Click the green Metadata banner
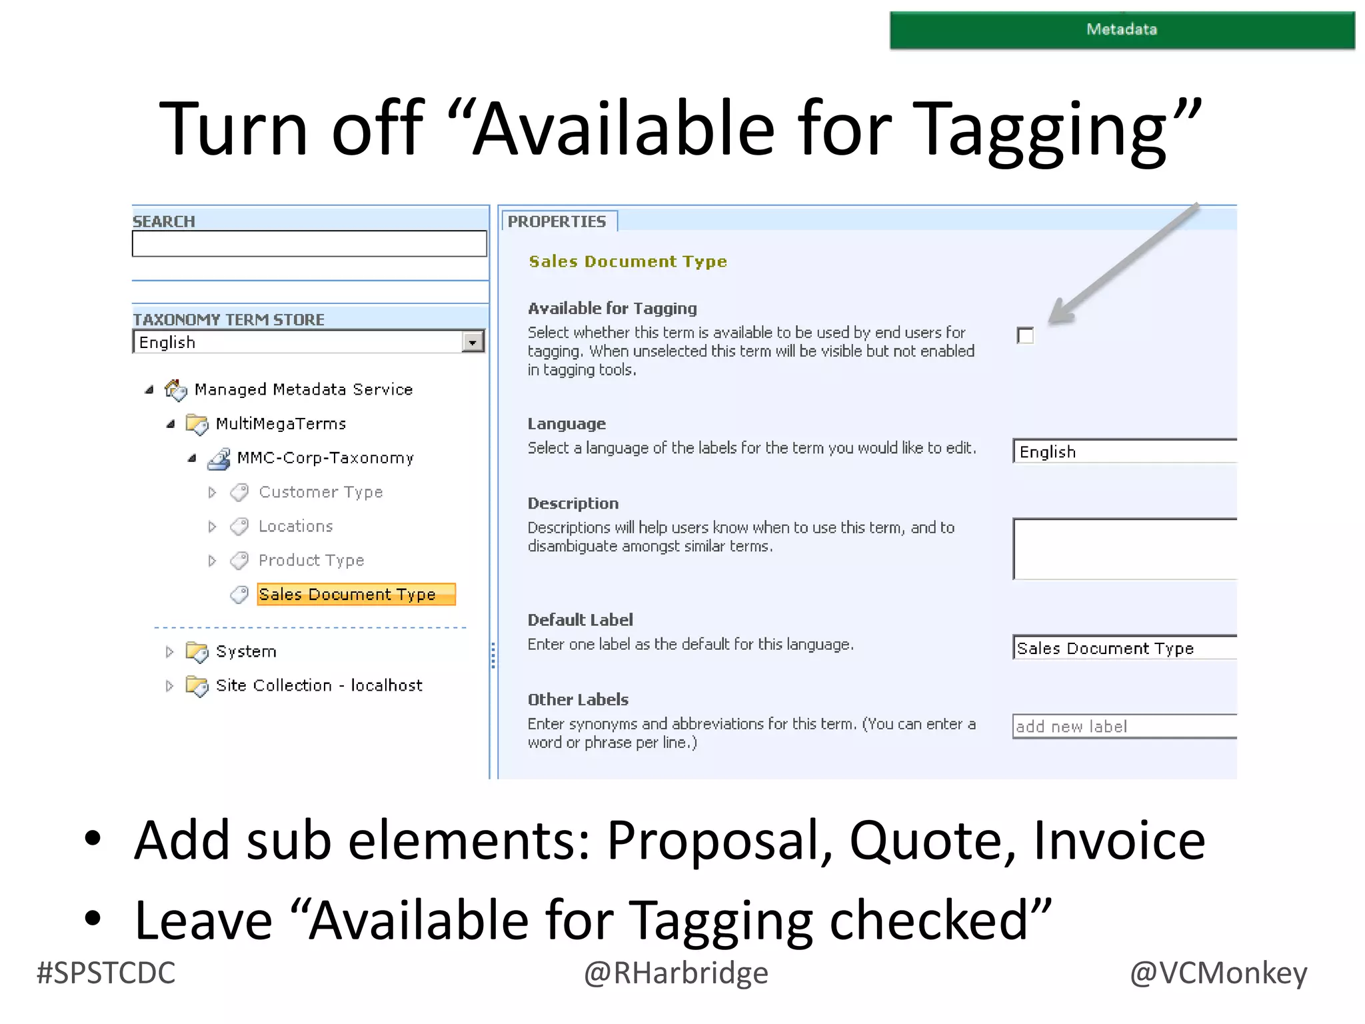(1121, 30)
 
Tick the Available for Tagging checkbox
(1025, 335)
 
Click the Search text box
(309, 244)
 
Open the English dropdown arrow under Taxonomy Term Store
(473, 343)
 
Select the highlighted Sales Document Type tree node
(356, 594)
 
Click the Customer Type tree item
(320, 492)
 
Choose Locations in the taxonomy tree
(295, 526)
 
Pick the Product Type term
(311, 560)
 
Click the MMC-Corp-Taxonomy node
(325, 458)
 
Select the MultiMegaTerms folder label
(281, 423)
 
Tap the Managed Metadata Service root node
(303, 389)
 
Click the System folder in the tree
(245, 651)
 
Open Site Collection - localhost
(319, 685)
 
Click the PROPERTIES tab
(557, 221)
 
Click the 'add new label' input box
(1124, 726)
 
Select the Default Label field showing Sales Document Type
(1124, 648)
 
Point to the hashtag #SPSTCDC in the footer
(106, 973)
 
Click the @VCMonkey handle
(1218, 973)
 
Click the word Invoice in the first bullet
(1119, 840)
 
